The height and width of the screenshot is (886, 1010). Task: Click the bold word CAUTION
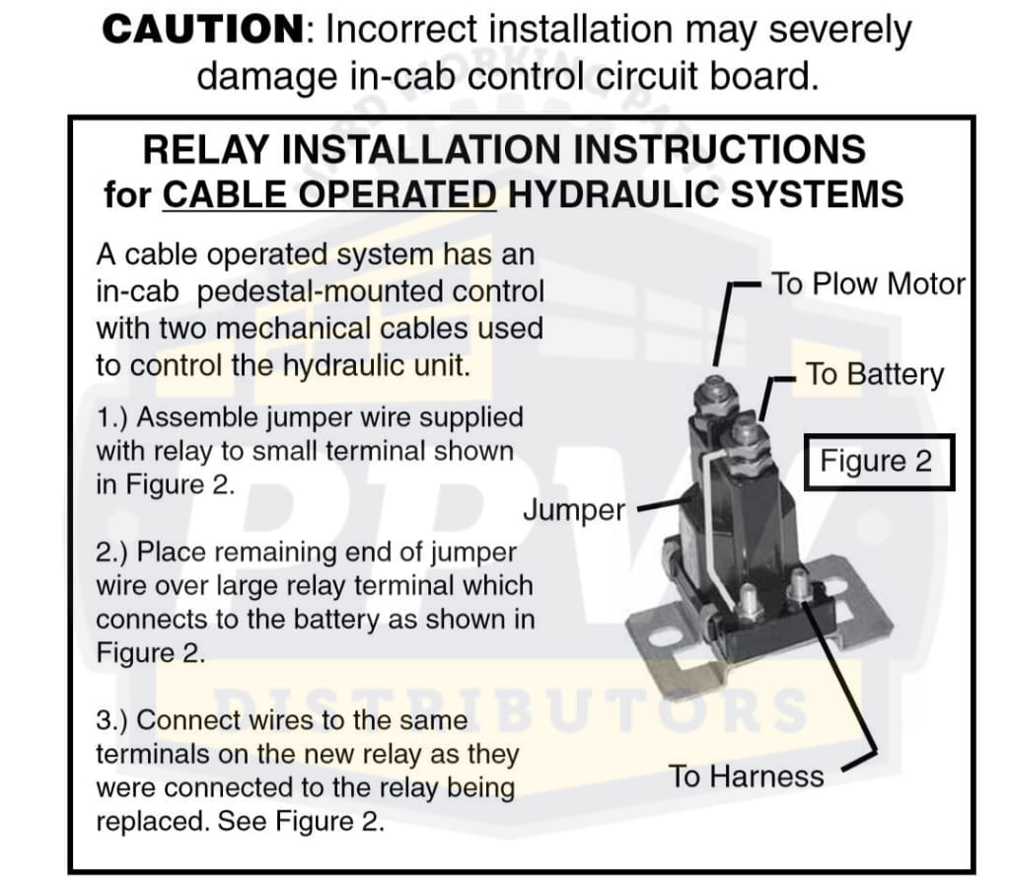(202, 30)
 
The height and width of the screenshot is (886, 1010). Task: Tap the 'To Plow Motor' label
(868, 284)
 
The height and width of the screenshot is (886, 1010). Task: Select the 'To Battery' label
(875, 374)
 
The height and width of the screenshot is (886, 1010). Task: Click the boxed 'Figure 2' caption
(876, 462)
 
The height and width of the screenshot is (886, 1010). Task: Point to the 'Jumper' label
(574, 510)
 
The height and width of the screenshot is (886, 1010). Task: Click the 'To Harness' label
(747, 776)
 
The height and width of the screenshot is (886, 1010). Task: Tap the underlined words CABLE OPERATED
(329, 194)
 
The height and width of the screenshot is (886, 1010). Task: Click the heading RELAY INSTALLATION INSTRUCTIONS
(504, 150)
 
